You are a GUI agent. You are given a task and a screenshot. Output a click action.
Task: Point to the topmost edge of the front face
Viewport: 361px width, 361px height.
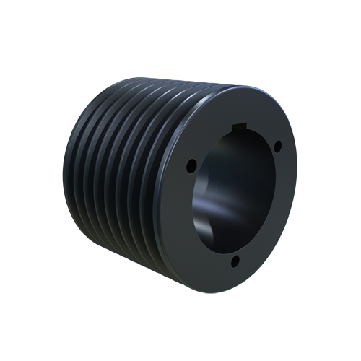tap(242, 87)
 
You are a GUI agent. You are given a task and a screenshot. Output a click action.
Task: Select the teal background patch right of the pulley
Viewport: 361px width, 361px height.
tap(318, 217)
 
